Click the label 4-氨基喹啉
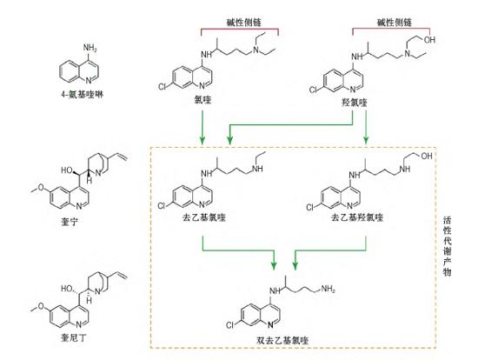click(83, 95)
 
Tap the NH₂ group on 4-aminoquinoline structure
click(90, 49)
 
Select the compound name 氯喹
click(202, 100)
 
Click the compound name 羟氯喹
click(355, 103)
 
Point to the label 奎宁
click(70, 222)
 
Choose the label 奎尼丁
click(74, 337)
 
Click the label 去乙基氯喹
click(203, 217)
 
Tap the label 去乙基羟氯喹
click(357, 217)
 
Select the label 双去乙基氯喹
click(282, 340)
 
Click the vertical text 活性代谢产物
click(447, 246)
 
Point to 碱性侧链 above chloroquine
click(244, 22)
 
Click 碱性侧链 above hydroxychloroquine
click(395, 22)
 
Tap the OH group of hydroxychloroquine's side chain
click(429, 40)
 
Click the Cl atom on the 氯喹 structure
click(163, 87)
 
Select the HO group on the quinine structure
click(66, 170)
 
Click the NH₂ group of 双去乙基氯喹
click(328, 289)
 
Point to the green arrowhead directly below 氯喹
click(202, 140)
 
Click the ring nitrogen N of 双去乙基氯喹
click(270, 325)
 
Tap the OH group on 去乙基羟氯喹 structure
click(427, 156)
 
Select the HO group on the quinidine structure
click(66, 289)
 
